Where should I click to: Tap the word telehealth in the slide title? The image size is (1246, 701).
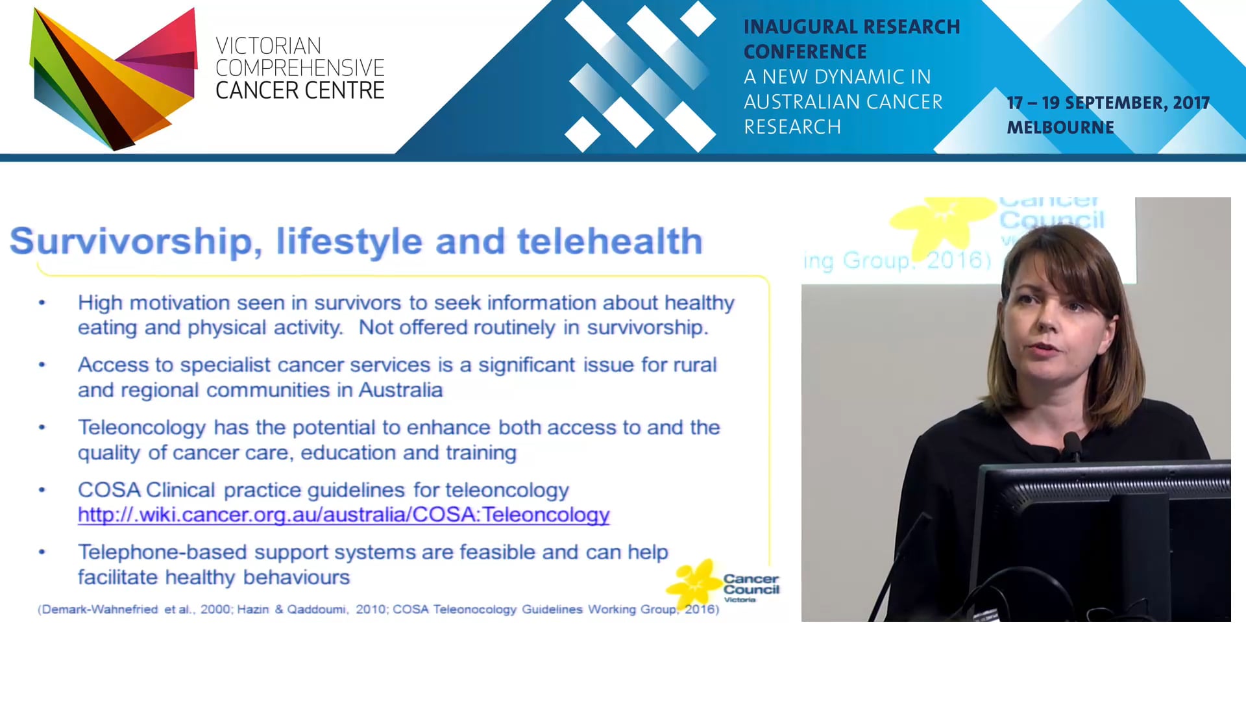click(609, 241)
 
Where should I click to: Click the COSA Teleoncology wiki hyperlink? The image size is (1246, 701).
click(343, 515)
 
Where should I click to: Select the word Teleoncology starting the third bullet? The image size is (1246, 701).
click(141, 428)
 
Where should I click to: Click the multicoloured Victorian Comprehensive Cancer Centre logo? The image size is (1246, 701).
click(114, 78)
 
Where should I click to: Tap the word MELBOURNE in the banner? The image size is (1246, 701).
click(1060, 128)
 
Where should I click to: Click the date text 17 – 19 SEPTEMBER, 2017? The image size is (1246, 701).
click(1108, 103)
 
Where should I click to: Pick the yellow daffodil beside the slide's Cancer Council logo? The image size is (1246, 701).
click(693, 582)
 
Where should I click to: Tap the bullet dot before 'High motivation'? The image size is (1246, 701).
click(42, 302)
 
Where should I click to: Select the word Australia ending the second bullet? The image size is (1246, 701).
click(400, 390)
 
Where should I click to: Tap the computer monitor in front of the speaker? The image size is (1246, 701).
click(1103, 539)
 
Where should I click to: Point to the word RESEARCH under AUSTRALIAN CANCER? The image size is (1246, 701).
click(792, 127)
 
